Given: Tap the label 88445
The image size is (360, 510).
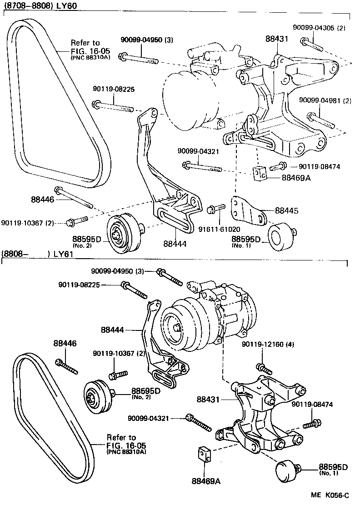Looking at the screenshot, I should tap(287, 210).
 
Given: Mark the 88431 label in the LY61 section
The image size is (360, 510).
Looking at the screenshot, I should tap(208, 400).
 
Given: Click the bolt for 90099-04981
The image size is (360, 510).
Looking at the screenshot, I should tap(320, 120).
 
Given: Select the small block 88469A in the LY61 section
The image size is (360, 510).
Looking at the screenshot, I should tap(204, 454).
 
